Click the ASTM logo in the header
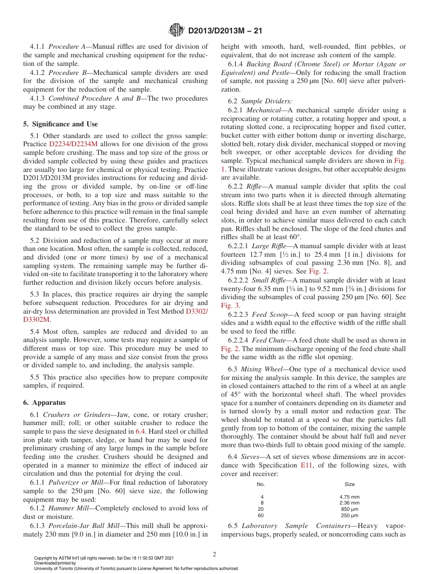coord(177,31)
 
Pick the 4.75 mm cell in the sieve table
coord(350,497)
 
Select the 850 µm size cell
coord(350,509)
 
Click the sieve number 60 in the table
coord(261,515)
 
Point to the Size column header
coord(350,484)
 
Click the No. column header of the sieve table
coord(261,484)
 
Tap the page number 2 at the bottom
coord(214,555)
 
